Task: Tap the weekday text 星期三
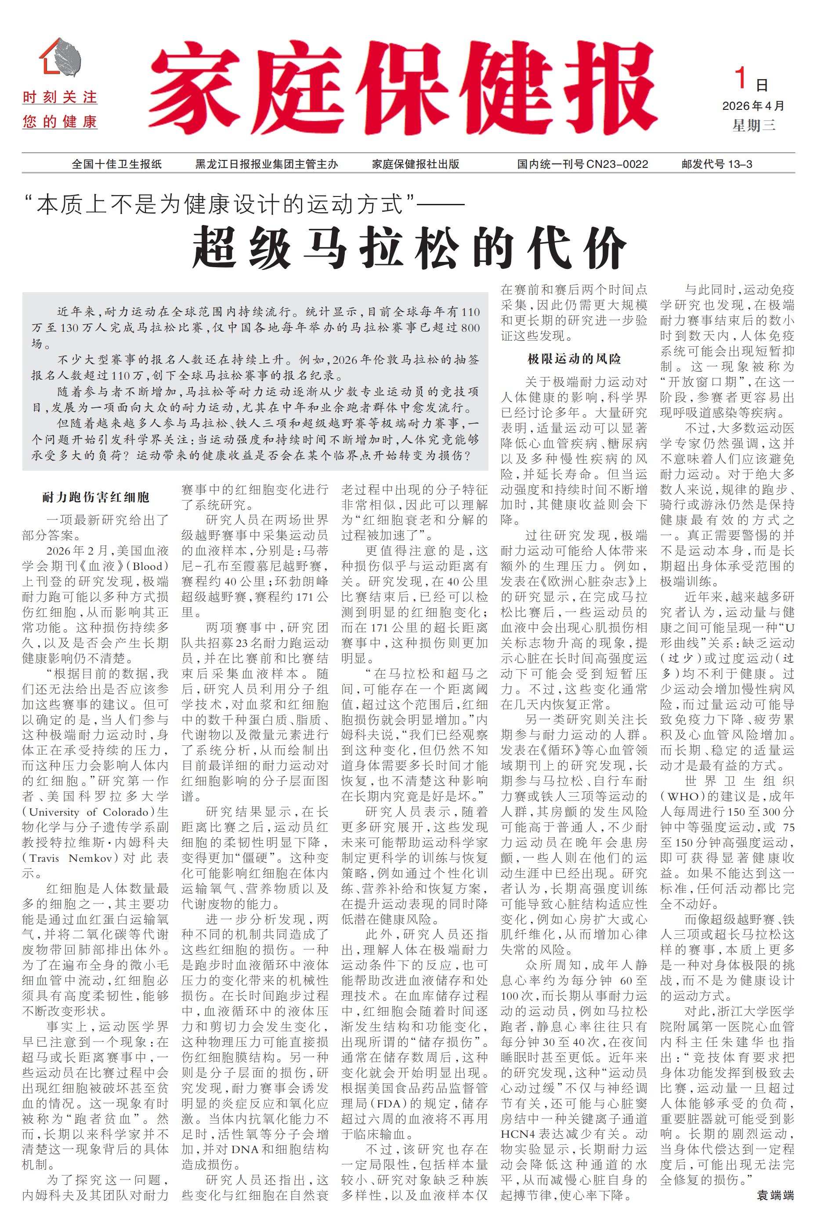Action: coord(753,125)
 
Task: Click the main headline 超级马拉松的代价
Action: coord(409,247)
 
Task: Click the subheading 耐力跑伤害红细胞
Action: coord(96,497)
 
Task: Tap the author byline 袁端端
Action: coord(775,1195)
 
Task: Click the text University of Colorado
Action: coord(91,812)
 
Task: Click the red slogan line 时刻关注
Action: coord(60,98)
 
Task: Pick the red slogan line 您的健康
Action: coord(60,123)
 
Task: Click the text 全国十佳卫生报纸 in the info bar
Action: coord(117,164)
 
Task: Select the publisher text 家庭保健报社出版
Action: coord(415,164)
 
